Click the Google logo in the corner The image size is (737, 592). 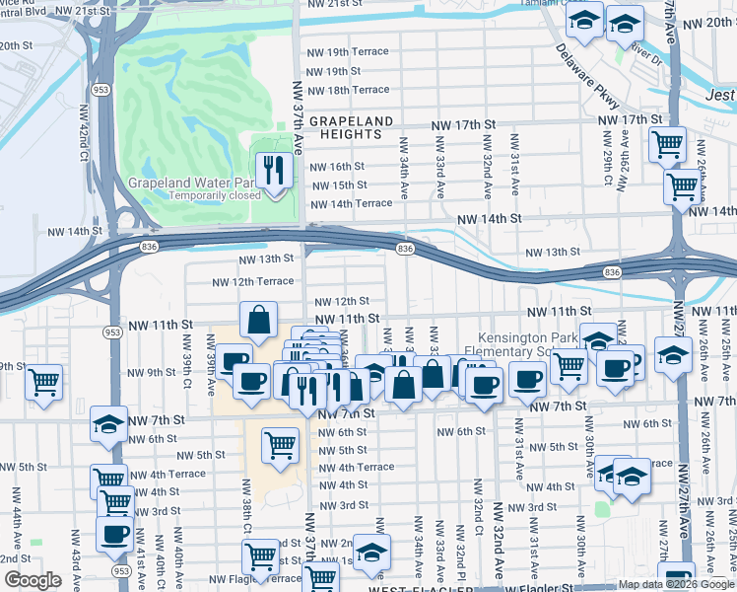pos(33,580)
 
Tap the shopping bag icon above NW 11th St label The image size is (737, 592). pos(258,321)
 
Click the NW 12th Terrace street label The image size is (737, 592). pos(253,281)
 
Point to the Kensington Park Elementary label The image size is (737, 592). pos(539,345)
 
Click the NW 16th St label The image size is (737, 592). pos(337,167)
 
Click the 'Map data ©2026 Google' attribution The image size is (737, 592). pos(676,584)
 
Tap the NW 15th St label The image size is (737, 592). pos(337,185)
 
